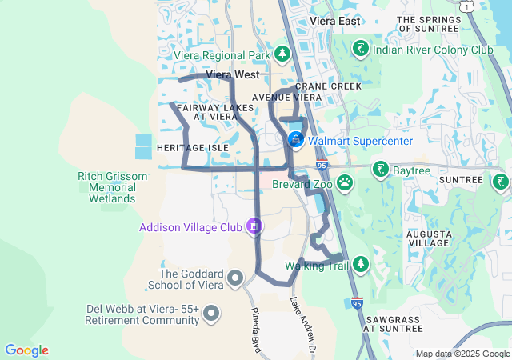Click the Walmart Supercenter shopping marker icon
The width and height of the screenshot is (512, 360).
[295, 141]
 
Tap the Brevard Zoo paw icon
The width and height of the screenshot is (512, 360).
[345, 183]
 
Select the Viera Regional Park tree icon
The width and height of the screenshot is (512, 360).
[282, 54]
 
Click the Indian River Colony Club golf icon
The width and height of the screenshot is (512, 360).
[361, 49]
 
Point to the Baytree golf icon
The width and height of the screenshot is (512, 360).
[381, 170]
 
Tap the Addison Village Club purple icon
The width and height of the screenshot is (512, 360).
[254, 227]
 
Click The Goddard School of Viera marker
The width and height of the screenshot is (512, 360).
[235, 278]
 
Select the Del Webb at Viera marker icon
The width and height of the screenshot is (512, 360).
[211, 313]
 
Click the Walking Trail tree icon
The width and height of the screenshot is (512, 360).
[361, 264]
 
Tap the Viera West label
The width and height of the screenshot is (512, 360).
[230, 75]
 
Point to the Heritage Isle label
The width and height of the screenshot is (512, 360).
[193, 148]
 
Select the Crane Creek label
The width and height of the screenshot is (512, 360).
[328, 86]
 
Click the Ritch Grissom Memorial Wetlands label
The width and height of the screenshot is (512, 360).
[106, 186]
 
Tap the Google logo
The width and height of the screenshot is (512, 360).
[26, 350]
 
